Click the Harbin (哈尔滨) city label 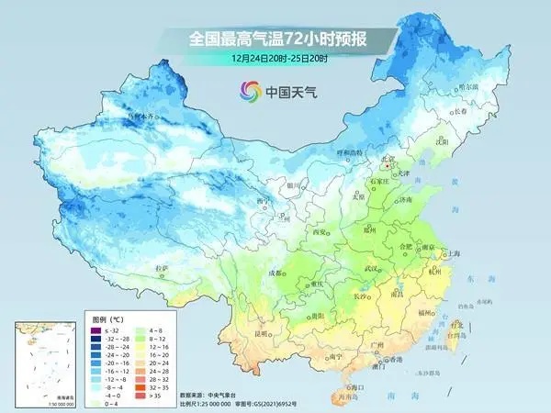pyautogui.click(x=467, y=85)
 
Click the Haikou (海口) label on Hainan pyautogui.click(x=350, y=388)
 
